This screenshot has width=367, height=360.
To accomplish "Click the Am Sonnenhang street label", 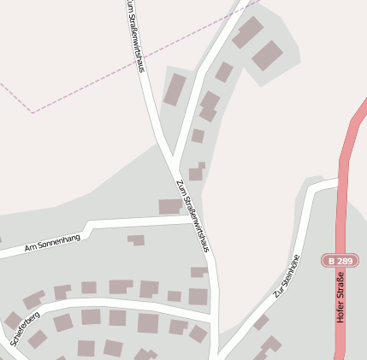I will point(53,243).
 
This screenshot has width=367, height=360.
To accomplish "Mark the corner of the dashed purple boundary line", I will point(33,112).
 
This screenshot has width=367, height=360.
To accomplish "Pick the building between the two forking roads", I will point(175,89).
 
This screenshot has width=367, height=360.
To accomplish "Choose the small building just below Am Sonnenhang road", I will point(136,240).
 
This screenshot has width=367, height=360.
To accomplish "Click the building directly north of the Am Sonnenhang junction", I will point(169,206).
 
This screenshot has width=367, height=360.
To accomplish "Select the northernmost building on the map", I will point(249,33).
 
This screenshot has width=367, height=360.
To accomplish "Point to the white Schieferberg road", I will point(111,304).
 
